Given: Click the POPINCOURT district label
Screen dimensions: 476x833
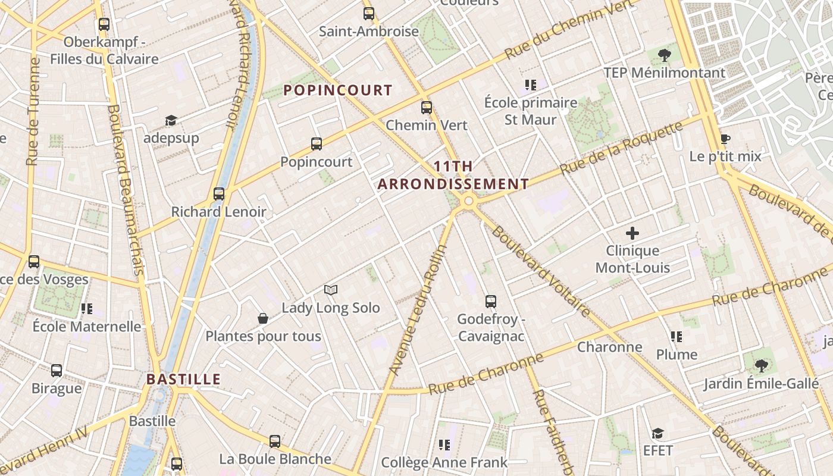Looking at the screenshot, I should (337, 90).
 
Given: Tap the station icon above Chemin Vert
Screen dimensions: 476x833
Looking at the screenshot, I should (427, 108).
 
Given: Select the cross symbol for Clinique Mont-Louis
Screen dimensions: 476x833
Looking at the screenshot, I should (632, 233).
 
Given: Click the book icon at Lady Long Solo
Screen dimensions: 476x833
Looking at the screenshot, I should (331, 290).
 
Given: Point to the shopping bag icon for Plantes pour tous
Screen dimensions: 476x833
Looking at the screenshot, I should (263, 319).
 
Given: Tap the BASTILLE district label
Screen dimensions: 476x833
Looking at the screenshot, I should (183, 379).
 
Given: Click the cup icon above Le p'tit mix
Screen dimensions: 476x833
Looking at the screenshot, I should (725, 139).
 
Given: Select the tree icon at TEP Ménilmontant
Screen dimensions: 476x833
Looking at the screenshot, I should (664, 56).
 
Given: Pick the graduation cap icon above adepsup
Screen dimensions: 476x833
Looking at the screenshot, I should (171, 121).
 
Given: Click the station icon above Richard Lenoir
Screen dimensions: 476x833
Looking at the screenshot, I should (219, 194).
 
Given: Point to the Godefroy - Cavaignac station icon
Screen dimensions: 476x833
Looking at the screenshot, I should (491, 302).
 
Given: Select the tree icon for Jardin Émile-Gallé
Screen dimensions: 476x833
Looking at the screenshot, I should (760, 366).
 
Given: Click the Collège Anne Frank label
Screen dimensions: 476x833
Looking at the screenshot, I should (444, 462).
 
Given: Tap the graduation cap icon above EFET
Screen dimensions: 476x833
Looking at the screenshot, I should (657, 433).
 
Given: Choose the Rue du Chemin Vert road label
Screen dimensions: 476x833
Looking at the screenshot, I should (568, 30).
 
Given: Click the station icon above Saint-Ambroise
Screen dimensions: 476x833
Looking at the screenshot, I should (369, 14).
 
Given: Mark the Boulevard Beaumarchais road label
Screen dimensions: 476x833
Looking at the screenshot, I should (126, 190).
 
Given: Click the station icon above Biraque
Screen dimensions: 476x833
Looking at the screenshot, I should (57, 371).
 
